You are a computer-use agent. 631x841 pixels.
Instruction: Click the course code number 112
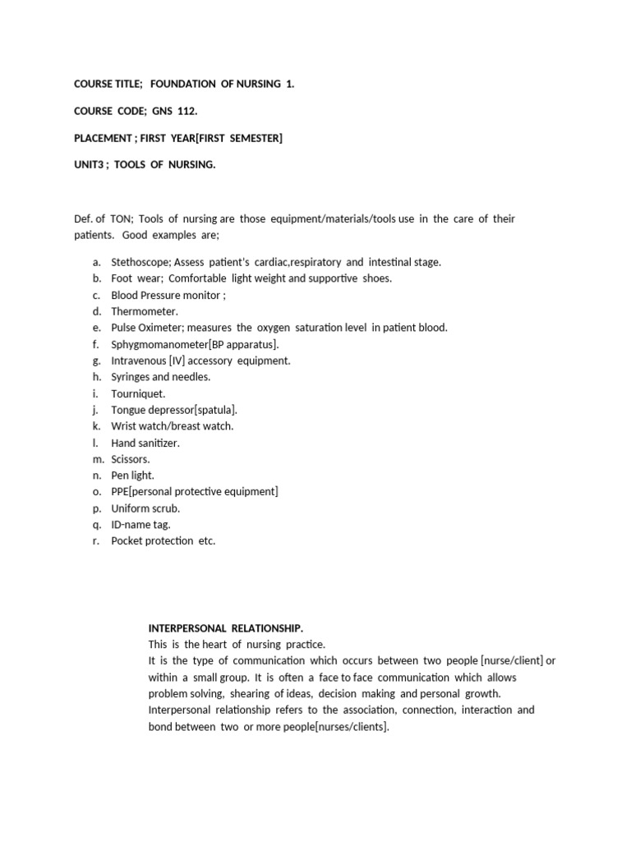(187, 111)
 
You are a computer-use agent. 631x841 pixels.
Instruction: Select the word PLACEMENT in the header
(102, 138)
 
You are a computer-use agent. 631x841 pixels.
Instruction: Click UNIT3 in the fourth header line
(90, 165)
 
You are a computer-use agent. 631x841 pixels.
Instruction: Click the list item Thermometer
(145, 311)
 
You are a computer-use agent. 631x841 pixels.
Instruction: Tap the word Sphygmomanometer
(159, 344)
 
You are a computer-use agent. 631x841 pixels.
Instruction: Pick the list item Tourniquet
(138, 393)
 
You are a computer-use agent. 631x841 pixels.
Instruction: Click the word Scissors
(131, 459)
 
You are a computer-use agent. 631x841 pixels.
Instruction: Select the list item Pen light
(132, 476)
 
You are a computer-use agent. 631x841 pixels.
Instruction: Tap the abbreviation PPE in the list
(120, 492)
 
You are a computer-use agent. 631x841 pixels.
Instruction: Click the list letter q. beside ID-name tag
(96, 525)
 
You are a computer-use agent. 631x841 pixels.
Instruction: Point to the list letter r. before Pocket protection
(96, 541)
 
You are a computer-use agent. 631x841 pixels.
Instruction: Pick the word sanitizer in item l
(159, 443)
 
